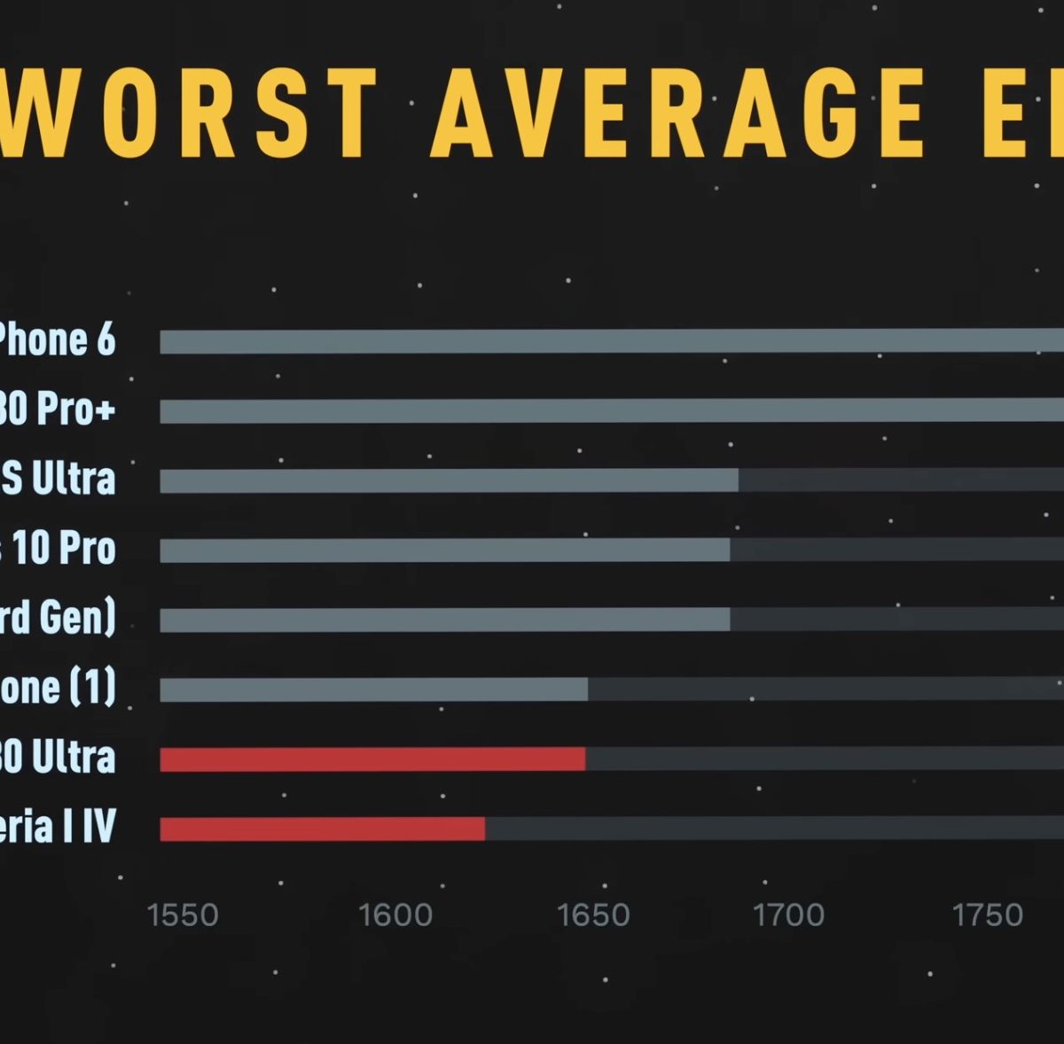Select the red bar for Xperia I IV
tap(323, 829)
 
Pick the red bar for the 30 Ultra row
tap(372, 759)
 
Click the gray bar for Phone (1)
tap(373, 689)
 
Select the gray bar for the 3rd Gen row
tap(444, 619)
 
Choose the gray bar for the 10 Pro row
tap(444, 549)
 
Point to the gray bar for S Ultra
tap(449, 480)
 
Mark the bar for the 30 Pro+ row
tap(612, 410)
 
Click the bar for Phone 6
tap(612, 341)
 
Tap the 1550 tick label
tap(183, 915)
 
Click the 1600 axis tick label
tap(395, 915)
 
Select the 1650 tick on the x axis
tap(593, 915)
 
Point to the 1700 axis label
tap(788, 915)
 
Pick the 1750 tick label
tap(988, 915)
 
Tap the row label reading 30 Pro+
tap(57, 409)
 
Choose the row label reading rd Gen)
tap(59, 618)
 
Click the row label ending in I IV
tap(59, 827)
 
